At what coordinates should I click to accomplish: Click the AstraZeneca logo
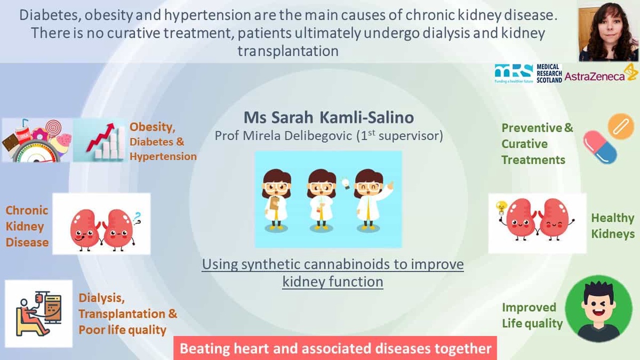tap(601, 74)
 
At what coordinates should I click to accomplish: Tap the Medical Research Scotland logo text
tap(549, 74)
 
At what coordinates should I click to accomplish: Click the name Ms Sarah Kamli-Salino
tap(329, 117)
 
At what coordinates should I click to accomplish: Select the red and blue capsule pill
tap(599, 147)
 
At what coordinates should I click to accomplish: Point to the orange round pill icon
tap(621, 126)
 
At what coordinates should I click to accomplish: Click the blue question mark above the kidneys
tap(138, 218)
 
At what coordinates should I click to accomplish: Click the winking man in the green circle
tap(598, 309)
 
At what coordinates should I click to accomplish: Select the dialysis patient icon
tap(38, 314)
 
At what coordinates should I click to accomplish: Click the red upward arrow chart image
tap(100, 140)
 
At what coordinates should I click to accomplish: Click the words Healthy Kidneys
tap(613, 226)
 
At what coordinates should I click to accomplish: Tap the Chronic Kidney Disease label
tap(27, 226)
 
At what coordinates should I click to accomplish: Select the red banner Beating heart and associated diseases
tap(335, 348)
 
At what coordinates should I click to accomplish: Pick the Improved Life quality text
tap(532, 315)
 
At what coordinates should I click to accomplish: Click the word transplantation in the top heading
tap(288, 51)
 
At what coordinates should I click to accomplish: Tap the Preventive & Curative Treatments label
tap(537, 143)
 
